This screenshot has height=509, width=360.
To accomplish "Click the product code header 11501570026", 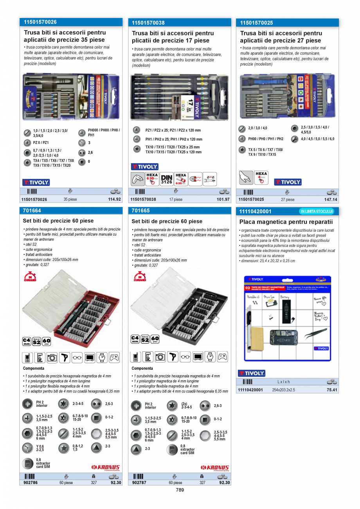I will (x=40, y=22).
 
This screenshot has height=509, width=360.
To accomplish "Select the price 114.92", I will (x=114, y=199).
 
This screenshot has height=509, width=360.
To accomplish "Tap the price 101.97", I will (x=223, y=199).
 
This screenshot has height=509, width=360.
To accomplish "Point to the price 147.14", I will (x=331, y=199).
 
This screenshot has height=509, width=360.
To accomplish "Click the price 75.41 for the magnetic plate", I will (x=332, y=390).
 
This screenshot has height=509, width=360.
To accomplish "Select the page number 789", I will (x=180, y=490).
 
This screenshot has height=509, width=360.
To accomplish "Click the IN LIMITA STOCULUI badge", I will (x=317, y=211).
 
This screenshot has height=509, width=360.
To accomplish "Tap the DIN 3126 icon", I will (x=167, y=179).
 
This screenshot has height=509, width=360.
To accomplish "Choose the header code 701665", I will (x=141, y=211).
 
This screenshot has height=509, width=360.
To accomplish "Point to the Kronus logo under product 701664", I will (x=106, y=467).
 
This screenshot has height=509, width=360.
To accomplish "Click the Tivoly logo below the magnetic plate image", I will (x=252, y=373).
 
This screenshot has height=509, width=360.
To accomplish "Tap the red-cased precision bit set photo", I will (x=70, y=309).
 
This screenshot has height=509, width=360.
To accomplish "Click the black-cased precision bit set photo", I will (x=179, y=309).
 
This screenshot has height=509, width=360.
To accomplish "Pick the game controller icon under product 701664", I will (x=114, y=358).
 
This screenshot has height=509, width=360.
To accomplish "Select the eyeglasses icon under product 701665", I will (x=185, y=357).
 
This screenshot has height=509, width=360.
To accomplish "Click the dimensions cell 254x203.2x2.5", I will (x=283, y=390).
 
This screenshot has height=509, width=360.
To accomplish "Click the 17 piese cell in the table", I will (x=176, y=199).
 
